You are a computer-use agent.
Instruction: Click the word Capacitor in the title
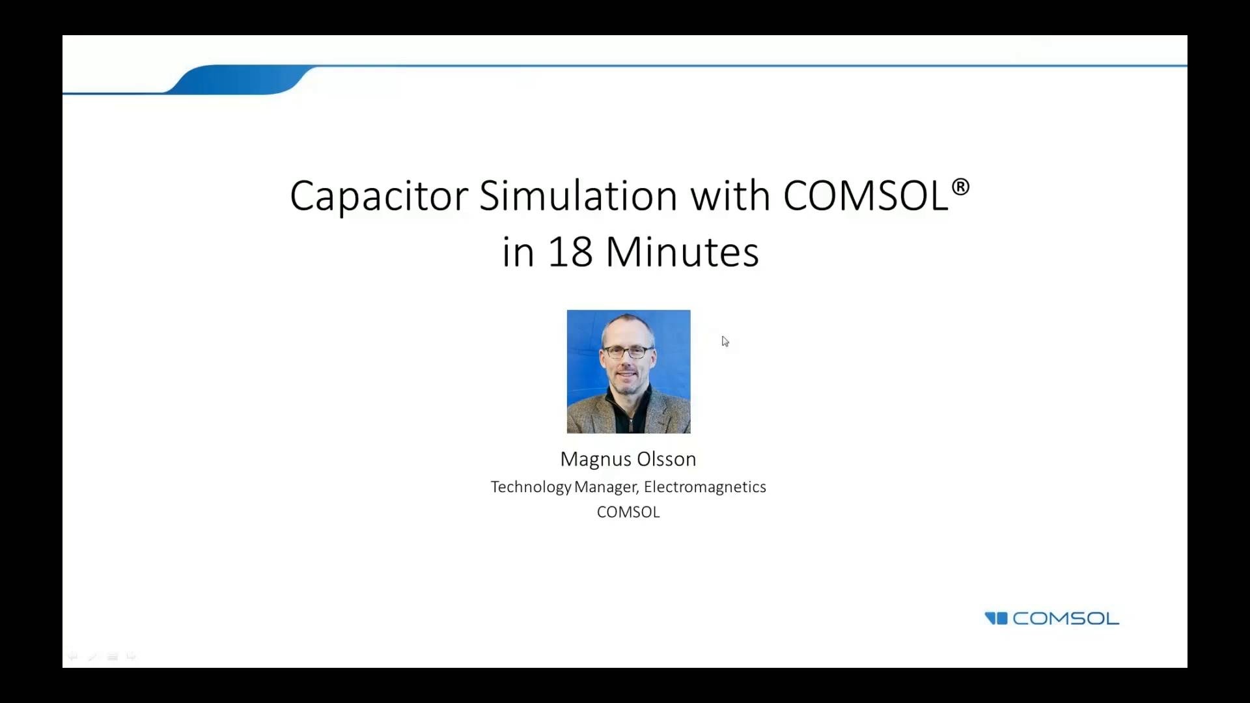click(x=378, y=196)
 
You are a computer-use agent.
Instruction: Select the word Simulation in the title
click(x=578, y=196)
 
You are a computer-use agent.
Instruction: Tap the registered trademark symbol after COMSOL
click(x=960, y=187)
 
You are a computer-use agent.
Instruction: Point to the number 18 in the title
click(x=570, y=252)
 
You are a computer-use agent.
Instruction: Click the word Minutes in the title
click(x=682, y=252)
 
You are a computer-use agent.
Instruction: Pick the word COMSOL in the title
click(x=865, y=196)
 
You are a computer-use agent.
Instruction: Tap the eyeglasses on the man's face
click(x=627, y=352)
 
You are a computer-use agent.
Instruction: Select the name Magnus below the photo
click(x=596, y=460)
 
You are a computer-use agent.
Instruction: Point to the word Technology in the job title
click(x=531, y=488)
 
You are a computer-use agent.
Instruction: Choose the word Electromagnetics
click(x=704, y=487)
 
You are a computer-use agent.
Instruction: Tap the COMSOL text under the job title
click(x=628, y=512)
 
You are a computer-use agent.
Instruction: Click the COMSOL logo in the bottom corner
click(x=1065, y=618)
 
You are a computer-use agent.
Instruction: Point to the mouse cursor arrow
click(x=725, y=340)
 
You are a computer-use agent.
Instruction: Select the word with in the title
click(x=730, y=196)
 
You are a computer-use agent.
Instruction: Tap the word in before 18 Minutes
click(x=518, y=252)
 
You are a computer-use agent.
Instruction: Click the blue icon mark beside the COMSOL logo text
click(x=996, y=618)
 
